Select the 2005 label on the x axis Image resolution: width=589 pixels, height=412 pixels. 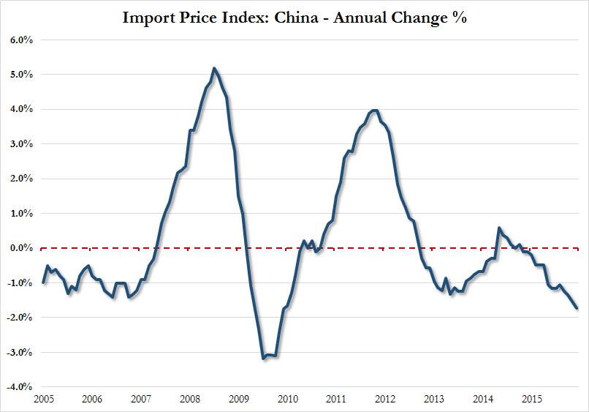click(43, 400)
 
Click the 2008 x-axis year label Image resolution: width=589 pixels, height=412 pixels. click(190, 400)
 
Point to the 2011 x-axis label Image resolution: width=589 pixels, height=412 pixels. click(337, 400)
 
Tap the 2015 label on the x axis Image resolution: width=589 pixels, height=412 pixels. click(532, 400)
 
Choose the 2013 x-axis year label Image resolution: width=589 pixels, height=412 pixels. click(434, 400)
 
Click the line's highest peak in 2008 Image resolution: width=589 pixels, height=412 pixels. click(213, 68)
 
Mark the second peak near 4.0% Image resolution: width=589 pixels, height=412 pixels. click(374, 111)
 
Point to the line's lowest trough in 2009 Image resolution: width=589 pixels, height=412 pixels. click(263, 359)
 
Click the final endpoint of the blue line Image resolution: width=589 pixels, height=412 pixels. click(577, 308)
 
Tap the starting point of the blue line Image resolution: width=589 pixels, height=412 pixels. click(43, 282)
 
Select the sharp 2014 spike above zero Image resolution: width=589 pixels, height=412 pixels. click(499, 228)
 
